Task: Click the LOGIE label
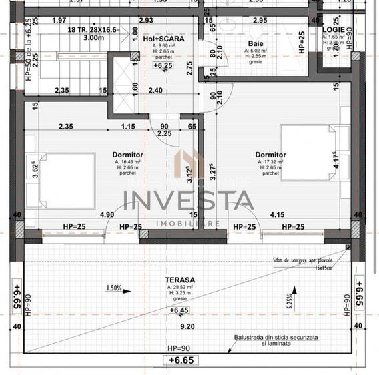coord(332,30)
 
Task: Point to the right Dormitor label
coord(270,154)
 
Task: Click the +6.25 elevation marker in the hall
coord(162,66)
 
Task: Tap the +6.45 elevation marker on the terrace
coord(179,310)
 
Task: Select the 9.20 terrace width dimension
coord(186,326)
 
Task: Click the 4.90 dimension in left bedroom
coord(107,215)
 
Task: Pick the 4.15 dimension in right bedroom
coord(278,215)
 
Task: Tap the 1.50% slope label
coord(114,288)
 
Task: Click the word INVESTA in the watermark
coord(188,200)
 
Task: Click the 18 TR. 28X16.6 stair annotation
coord(93,30)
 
